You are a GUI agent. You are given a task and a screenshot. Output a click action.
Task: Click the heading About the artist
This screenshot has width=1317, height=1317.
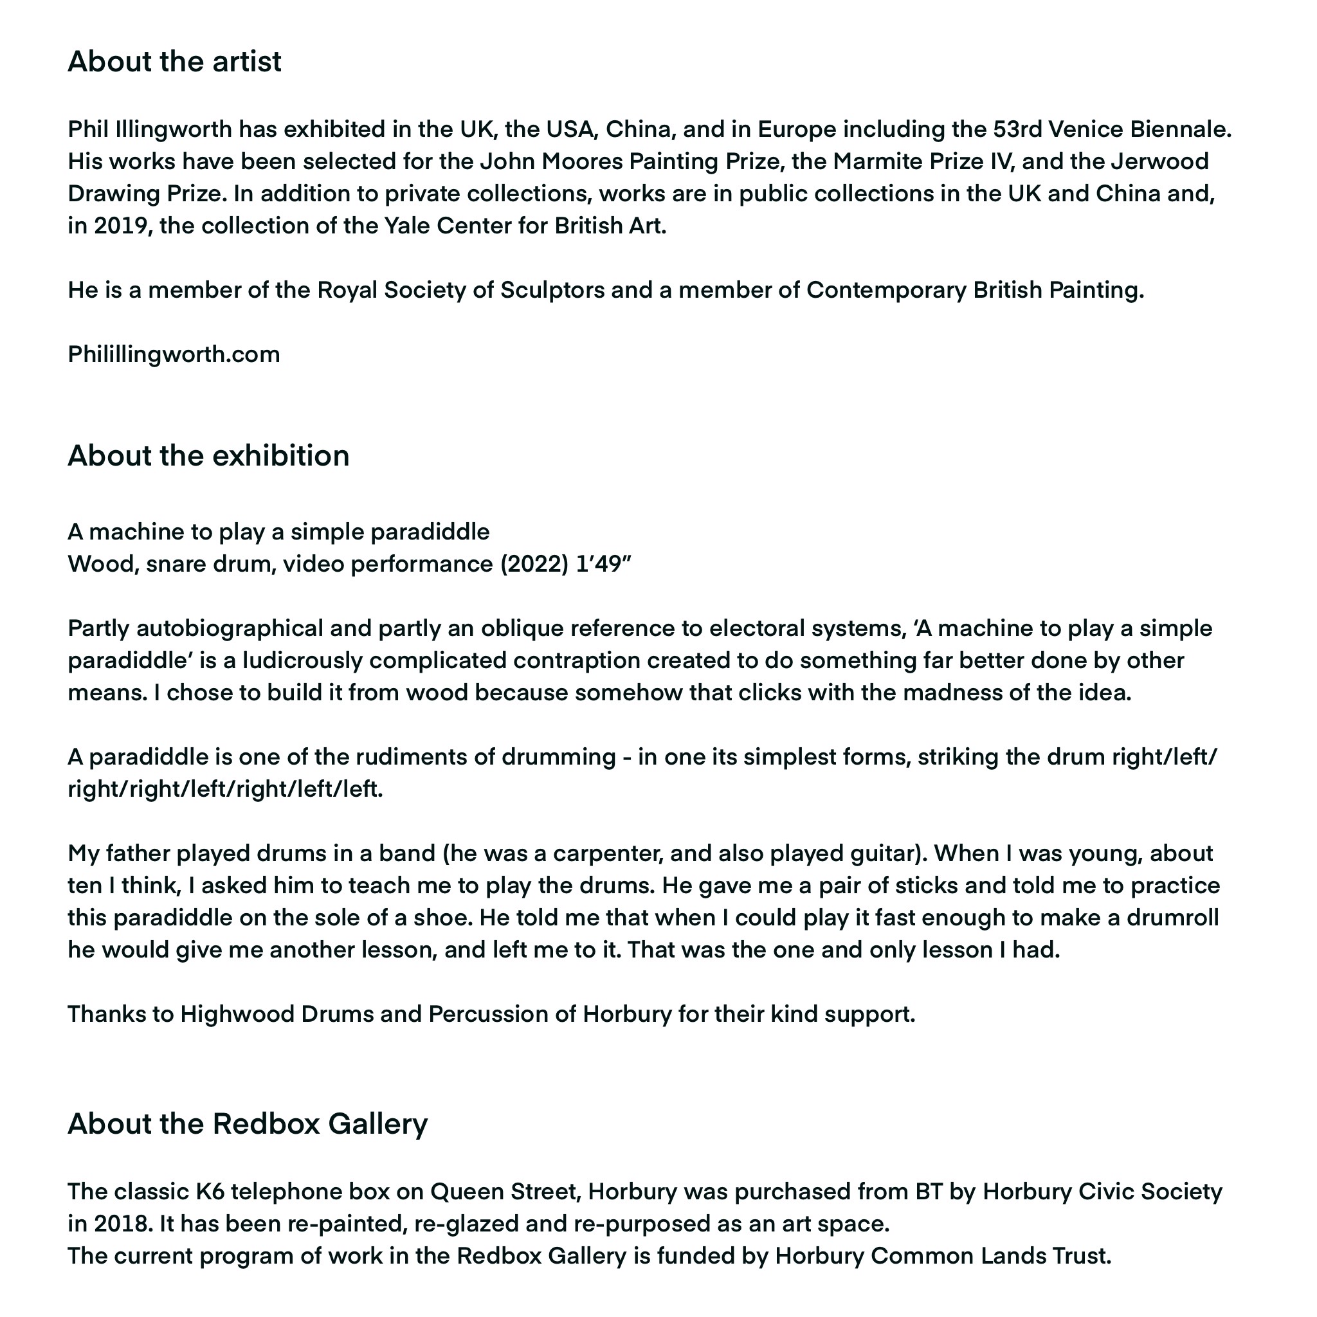click(x=174, y=61)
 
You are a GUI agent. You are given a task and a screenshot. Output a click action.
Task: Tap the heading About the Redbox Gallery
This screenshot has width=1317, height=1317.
click(x=248, y=1123)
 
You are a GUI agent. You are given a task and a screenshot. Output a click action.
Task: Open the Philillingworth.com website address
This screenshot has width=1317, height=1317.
click(x=174, y=354)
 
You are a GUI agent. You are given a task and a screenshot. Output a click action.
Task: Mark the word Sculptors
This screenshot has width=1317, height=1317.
click(x=552, y=291)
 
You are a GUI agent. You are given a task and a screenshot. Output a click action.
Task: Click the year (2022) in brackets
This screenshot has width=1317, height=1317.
click(x=534, y=565)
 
